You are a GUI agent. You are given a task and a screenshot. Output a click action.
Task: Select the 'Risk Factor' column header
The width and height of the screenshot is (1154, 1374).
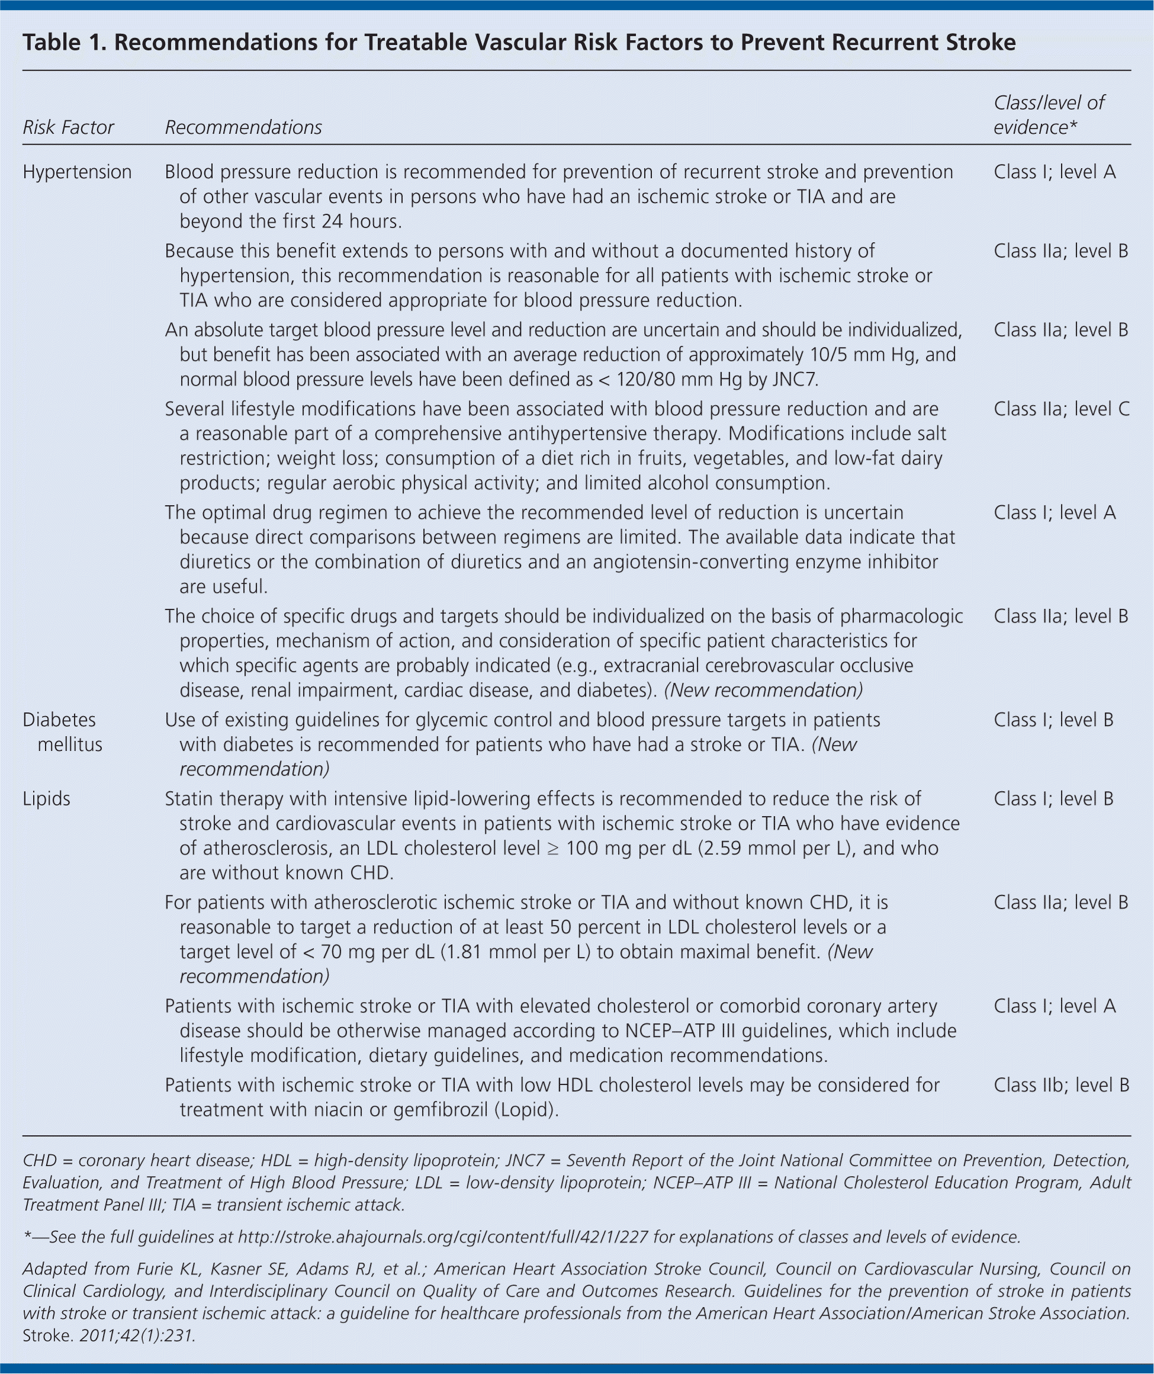pyautogui.click(x=68, y=127)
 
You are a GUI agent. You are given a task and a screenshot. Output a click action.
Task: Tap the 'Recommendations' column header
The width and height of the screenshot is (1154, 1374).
pyautogui.click(x=243, y=127)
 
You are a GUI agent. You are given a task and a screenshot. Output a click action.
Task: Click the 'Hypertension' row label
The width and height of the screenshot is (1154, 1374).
pyautogui.click(x=76, y=172)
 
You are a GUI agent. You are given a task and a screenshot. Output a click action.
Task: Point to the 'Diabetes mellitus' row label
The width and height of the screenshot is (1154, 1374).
pyautogui.click(x=62, y=732)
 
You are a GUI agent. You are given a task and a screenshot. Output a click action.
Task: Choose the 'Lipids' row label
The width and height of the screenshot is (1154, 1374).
pyautogui.click(x=46, y=799)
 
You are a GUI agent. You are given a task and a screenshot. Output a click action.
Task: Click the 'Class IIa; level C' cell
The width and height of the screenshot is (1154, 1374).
pyautogui.click(x=1061, y=409)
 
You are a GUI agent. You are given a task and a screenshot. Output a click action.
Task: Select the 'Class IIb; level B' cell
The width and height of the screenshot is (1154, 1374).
pyautogui.click(x=1061, y=1085)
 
